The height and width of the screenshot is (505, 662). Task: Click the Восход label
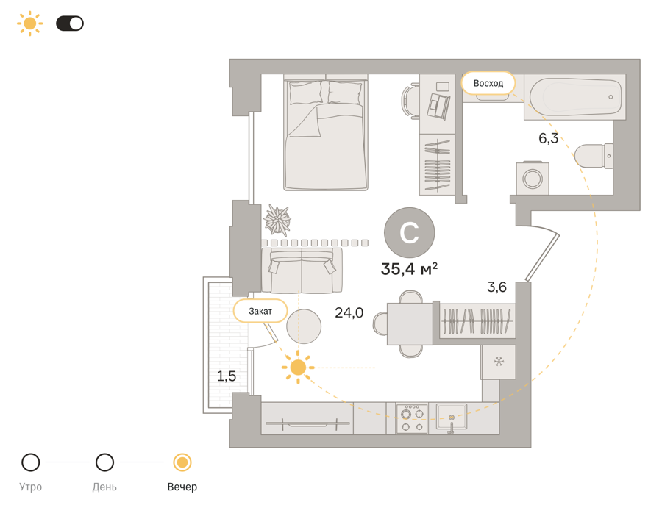(488, 83)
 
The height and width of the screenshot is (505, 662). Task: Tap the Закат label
(260, 311)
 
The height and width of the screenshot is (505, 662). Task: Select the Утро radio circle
(31, 462)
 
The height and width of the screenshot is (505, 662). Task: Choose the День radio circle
(104, 462)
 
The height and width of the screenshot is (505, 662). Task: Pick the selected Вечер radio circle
(182, 462)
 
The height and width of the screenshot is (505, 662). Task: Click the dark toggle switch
(70, 24)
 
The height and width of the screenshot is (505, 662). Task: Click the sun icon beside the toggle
(29, 24)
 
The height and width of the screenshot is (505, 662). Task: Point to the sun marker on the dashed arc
(298, 368)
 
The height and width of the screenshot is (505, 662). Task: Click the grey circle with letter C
(410, 232)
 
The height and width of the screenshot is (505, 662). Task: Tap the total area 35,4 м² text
(409, 269)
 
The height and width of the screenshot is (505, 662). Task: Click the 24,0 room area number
(349, 312)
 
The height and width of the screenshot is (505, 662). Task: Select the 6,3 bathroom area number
(549, 138)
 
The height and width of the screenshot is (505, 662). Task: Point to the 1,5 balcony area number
(227, 376)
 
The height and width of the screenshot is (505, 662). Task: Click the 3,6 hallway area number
(497, 287)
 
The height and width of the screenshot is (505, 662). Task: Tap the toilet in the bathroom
(594, 156)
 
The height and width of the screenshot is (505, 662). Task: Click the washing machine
(533, 178)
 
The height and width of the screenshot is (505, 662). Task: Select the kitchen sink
(452, 418)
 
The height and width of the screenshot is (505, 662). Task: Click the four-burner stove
(412, 419)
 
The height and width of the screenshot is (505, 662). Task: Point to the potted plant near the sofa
(277, 220)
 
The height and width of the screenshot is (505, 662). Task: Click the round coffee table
(304, 326)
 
